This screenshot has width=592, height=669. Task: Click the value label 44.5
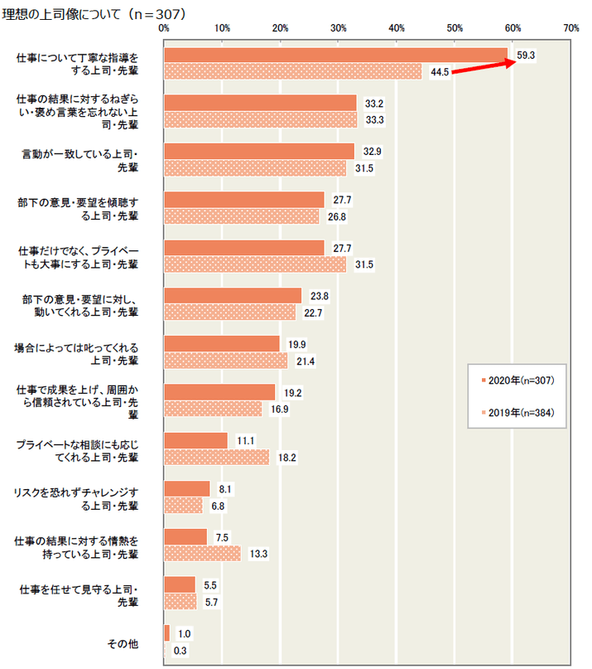[x=440, y=72]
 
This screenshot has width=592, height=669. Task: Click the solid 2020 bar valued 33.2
[x=260, y=103]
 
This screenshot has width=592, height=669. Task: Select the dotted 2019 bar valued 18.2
[x=217, y=457]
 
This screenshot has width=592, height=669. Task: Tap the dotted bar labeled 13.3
[x=203, y=553]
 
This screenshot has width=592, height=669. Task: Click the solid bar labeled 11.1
[x=195, y=440]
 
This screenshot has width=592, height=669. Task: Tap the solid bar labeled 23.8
[x=233, y=296]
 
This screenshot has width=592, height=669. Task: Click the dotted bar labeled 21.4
[x=226, y=361]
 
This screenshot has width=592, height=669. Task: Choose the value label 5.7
[x=211, y=602]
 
